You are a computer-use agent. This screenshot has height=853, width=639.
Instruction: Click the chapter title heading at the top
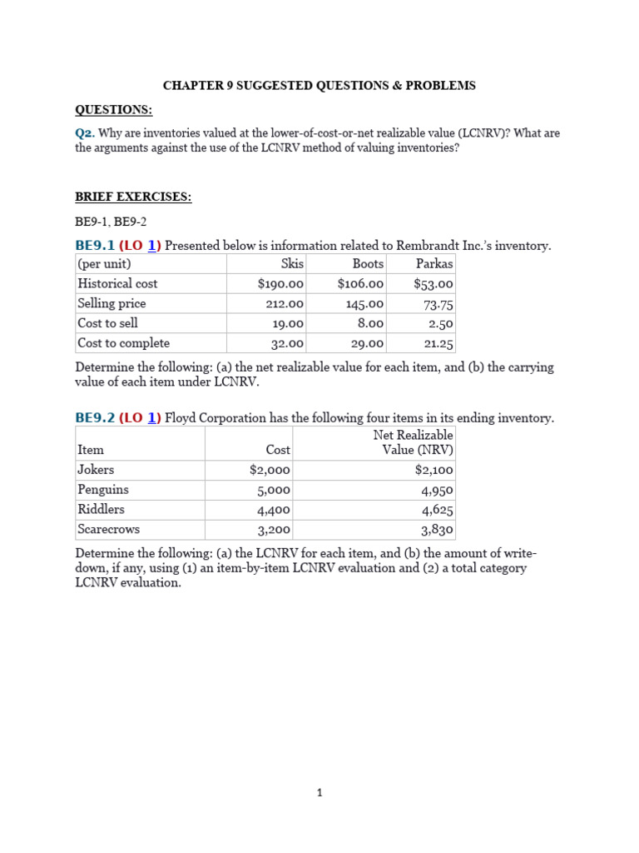click(x=319, y=86)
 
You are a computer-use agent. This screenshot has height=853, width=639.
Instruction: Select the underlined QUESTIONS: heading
click(x=114, y=110)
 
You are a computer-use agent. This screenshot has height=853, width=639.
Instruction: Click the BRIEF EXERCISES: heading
click(x=133, y=197)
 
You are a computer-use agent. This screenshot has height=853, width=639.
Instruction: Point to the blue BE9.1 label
click(x=95, y=246)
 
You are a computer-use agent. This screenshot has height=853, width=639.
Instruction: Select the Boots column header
click(x=368, y=263)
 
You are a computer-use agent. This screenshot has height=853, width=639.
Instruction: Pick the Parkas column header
click(x=434, y=263)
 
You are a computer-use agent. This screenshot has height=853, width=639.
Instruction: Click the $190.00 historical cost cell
click(x=280, y=284)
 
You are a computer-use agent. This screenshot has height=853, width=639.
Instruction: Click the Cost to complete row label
click(x=123, y=343)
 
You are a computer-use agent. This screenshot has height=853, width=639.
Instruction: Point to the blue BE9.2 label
click(x=95, y=418)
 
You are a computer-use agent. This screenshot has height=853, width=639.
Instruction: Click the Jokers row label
click(x=96, y=470)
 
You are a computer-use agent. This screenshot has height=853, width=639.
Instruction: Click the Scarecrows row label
click(x=108, y=530)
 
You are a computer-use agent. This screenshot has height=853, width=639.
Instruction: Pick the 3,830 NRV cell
click(x=438, y=531)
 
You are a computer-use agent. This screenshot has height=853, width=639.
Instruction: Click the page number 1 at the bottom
click(x=319, y=793)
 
